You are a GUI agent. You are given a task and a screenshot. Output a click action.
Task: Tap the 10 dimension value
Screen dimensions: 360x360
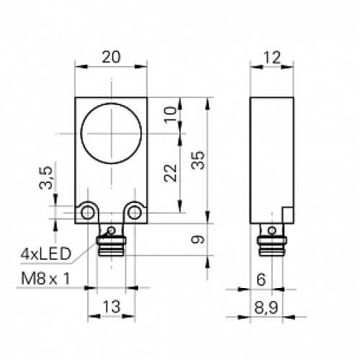click(170, 115)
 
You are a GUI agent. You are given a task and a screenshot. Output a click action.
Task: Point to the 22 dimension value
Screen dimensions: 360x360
click(170, 173)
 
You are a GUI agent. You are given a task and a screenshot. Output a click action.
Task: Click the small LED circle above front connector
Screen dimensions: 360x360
click(111, 230)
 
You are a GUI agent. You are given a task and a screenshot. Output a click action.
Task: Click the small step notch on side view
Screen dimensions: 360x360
click(288, 215)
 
